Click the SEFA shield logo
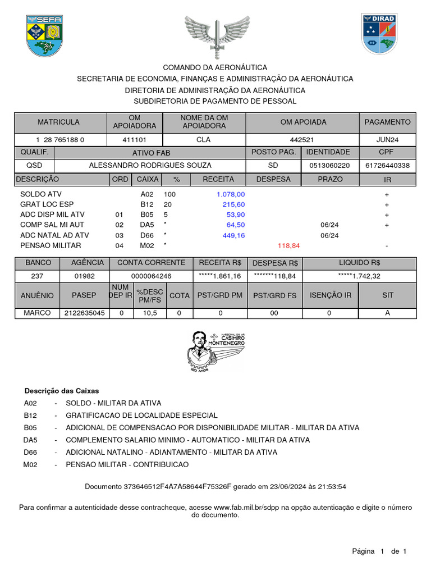pos(44,35)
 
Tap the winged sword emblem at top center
pos(217,36)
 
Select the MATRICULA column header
pos(58,122)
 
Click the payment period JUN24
pos(388,140)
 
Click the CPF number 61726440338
pos(387,165)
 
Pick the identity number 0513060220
pos(329,165)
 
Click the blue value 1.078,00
pos(231,194)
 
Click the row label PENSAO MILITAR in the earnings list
pos(51,245)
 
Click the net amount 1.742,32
pos(360,276)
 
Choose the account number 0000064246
pos(151,276)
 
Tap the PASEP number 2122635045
pos(84,313)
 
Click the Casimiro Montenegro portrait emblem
pos(215,354)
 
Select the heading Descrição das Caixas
pos(62,391)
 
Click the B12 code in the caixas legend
pos(30,416)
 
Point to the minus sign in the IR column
pos(387,246)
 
